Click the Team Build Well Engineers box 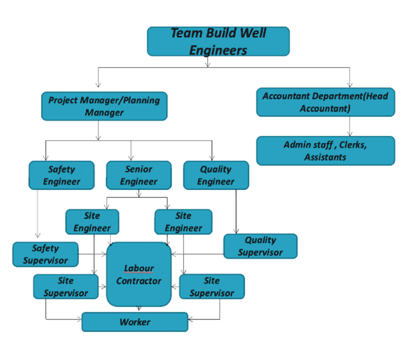click(218, 41)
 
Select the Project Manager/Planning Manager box click(104, 106)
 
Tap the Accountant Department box click(326, 102)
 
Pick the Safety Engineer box click(61, 176)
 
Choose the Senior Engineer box click(138, 176)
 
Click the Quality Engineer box click(216, 176)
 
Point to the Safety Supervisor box click(45, 254)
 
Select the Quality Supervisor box click(260, 246)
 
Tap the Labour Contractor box click(139, 275)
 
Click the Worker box click(135, 322)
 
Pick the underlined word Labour click(139, 268)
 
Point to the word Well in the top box click(253, 33)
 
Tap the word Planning click(141, 100)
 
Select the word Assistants click(325, 157)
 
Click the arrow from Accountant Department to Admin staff click(350, 126)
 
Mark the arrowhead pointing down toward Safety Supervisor click(38, 235)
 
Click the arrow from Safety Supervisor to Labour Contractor click(93, 254)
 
